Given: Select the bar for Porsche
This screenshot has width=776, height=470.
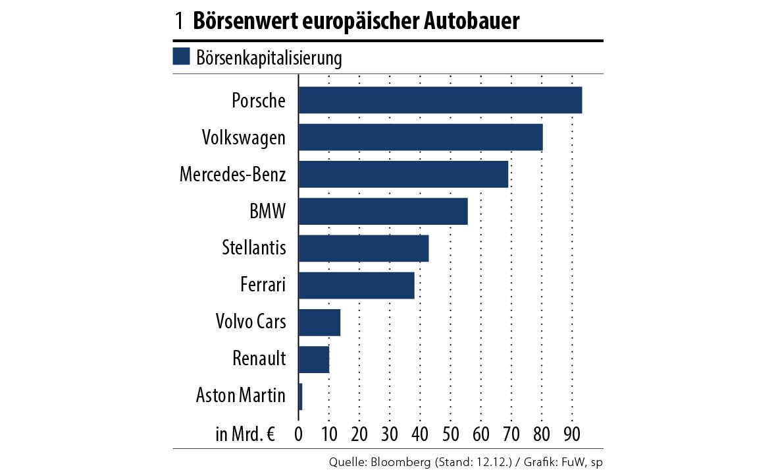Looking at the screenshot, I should pos(440,100).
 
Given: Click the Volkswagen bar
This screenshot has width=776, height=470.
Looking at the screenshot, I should pos(421,137).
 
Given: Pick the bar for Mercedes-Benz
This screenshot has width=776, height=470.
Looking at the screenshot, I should pos(403,174).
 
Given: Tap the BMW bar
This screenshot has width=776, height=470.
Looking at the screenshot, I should pos(383,211).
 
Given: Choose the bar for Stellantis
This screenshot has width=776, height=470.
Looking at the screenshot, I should pos(363,248).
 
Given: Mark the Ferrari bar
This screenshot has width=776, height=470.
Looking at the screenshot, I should pos(356,285).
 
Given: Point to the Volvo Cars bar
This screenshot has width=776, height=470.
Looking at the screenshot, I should pos(319,322).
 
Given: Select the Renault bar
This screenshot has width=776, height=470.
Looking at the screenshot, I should pos(314,359).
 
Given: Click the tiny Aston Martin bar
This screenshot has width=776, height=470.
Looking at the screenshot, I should pos(301,396).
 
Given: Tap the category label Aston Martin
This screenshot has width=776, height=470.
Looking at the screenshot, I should pos(241,396).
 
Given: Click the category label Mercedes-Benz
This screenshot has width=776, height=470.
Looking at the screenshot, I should pos(232,175).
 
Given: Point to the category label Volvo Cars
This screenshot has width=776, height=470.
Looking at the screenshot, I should pos(251,322).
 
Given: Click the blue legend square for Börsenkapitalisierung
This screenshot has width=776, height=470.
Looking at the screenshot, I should pos(181,57).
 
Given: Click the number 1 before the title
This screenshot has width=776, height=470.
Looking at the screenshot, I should pos(179,21).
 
